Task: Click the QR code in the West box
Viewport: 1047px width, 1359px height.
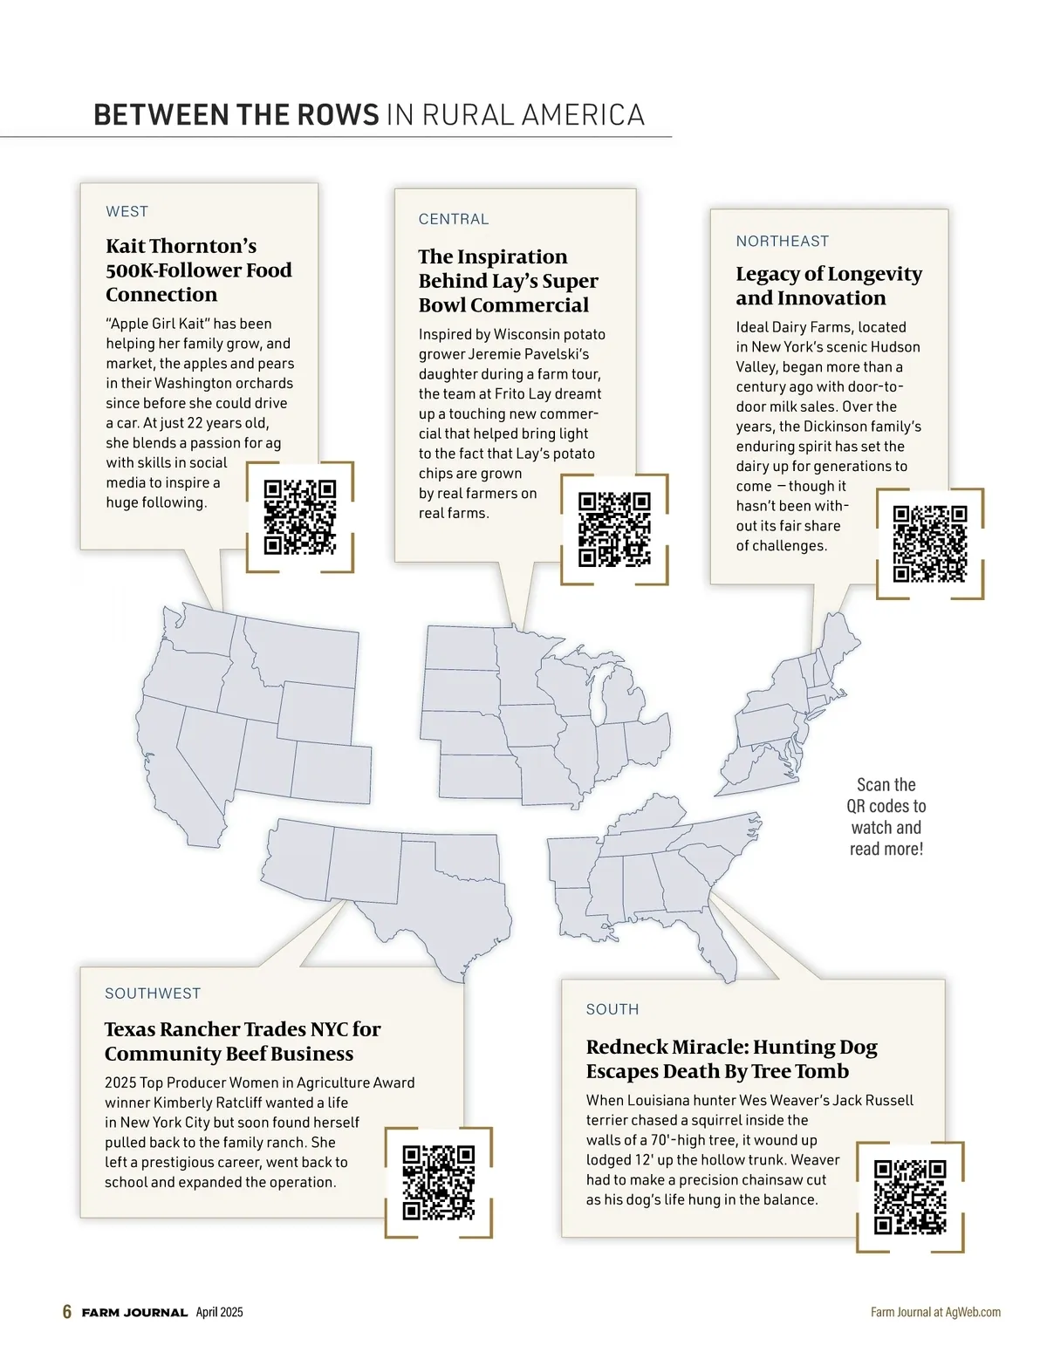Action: pos(299,516)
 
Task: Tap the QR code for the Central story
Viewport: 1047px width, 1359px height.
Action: pos(614,529)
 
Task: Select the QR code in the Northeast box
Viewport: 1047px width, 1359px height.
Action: pos(930,543)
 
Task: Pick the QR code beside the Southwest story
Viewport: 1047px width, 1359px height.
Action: pos(438,1182)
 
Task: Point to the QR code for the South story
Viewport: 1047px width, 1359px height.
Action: pos(910,1197)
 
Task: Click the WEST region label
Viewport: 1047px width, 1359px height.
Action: pos(127,211)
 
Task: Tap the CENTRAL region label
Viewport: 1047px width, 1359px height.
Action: pos(454,219)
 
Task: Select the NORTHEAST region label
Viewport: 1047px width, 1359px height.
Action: pos(782,241)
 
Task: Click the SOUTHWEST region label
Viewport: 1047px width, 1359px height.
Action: pos(153,994)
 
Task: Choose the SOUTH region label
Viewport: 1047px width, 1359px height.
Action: pos(612,1009)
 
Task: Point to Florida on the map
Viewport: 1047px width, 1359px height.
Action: pos(711,942)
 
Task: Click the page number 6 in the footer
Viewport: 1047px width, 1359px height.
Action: pos(67,1312)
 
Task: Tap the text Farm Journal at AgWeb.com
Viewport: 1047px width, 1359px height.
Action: pos(935,1312)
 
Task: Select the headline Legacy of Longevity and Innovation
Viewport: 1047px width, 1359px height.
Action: pos(828,285)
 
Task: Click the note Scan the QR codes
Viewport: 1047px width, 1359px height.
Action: pos(886,816)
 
